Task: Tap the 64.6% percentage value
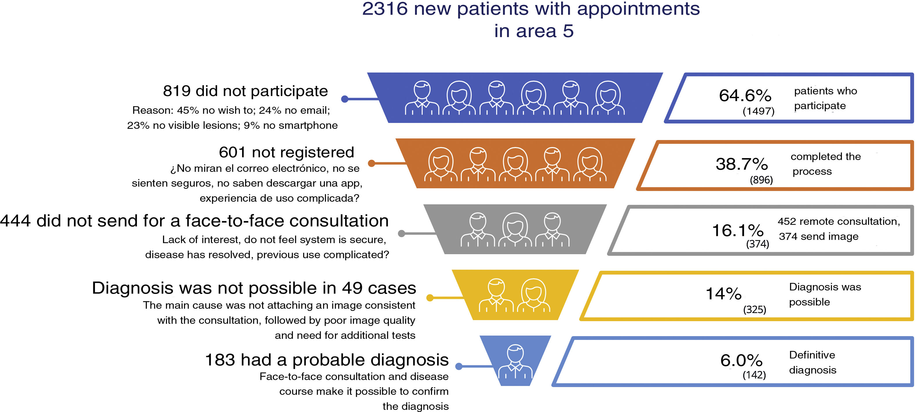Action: tap(745, 96)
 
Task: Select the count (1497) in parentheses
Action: tap(758, 111)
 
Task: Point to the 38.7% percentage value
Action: tap(742, 164)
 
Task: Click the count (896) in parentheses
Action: tap(761, 180)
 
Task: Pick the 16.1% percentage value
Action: tap(737, 230)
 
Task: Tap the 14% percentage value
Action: tap(723, 294)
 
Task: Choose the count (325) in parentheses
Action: tap(754, 310)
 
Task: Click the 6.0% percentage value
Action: tap(742, 361)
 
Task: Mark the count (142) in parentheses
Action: tap(754, 375)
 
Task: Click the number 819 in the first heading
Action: tap(177, 91)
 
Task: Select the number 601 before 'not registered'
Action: tap(232, 152)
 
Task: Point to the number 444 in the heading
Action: tap(15, 221)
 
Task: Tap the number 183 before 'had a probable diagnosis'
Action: tap(220, 360)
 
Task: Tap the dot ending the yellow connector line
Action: tap(430, 298)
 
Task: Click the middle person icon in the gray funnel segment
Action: tap(515, 230)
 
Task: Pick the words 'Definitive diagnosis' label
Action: tap(812, 362)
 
